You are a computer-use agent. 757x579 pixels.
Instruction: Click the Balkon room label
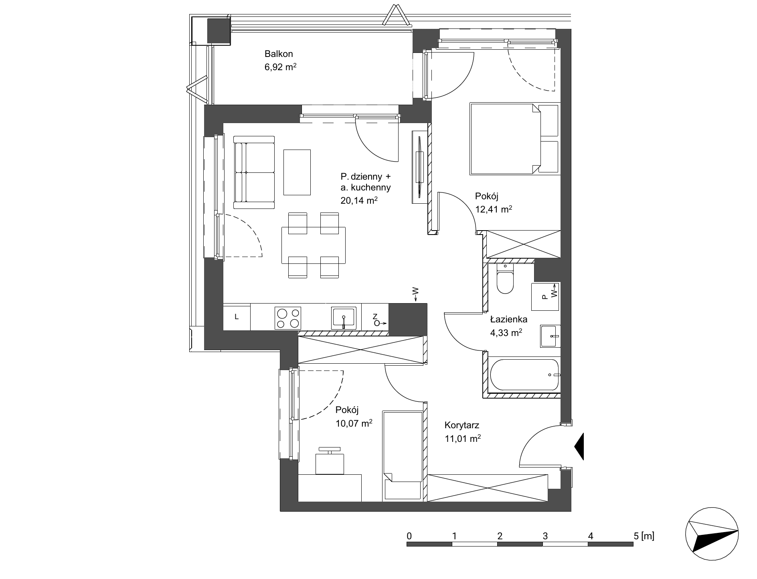click(279, 54)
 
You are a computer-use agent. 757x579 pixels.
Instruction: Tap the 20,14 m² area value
click(359, 200)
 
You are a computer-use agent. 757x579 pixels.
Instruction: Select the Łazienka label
click(509, 319)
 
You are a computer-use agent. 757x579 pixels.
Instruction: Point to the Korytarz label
click(462, 425)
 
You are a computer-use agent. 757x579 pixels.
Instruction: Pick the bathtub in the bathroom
click(524, 375)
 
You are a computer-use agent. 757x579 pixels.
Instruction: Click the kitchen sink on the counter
click(344, 318)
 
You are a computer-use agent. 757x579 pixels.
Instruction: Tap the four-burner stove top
click(288, 318)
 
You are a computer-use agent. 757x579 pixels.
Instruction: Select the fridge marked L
click(237, 317)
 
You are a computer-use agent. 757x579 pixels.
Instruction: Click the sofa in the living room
click(254, 172)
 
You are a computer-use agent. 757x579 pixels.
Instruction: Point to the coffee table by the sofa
click(297, 172)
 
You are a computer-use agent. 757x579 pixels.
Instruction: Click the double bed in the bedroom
click(514, 139)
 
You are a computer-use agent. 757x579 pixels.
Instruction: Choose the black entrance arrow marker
click(579, 446)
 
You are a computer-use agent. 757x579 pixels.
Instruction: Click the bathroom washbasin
click(550, 336)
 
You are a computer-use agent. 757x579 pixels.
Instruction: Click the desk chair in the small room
click(330, 461)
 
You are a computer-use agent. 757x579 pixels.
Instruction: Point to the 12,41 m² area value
click(494, 209)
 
